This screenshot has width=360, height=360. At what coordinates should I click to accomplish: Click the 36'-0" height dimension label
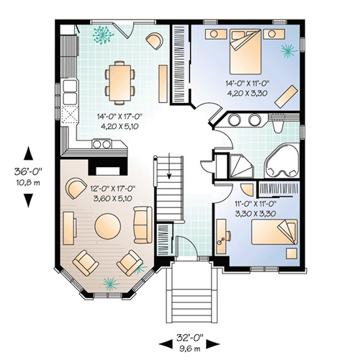tap(28, 171)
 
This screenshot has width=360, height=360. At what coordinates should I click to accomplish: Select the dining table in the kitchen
tap(120, 83)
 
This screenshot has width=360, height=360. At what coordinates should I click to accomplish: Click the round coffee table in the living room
tap(107, 226)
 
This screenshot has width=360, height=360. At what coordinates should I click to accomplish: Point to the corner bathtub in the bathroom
tap(282, 161)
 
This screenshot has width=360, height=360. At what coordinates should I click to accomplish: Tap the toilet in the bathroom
tap(278, 126)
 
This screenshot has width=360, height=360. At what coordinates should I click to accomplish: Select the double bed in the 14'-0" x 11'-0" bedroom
tap(246, 51)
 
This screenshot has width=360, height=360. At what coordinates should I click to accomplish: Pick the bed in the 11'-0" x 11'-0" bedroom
tap(274, 232)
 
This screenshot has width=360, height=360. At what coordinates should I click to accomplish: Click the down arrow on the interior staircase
tap(169, 166)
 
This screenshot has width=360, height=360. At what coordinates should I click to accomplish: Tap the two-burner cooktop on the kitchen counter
tap(102, 144)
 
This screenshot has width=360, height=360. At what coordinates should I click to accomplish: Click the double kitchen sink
tap(70, 92)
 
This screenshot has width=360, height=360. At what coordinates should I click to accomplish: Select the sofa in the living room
tap(143, 225)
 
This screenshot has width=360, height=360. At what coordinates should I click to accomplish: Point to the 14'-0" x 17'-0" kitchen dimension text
tap(120, 121)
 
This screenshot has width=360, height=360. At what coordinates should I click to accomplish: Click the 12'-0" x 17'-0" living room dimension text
tap(112, 193)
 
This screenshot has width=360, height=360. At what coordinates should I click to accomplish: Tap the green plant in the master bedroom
tap(289, 51)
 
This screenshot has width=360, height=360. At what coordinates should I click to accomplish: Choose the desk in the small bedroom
tap(221, 236)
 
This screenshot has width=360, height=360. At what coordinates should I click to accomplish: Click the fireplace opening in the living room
tap(108, 171)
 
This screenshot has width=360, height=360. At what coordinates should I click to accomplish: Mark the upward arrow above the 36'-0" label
tap(28, 153)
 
